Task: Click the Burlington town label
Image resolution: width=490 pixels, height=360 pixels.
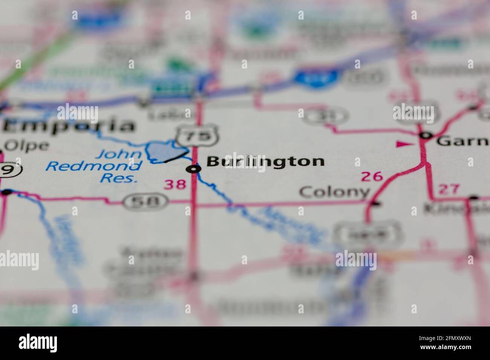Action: (x=265, y=162)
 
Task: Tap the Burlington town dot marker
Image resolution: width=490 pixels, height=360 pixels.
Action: (x=194, y=169)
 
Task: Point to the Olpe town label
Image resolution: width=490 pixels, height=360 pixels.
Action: (x=26, y=146)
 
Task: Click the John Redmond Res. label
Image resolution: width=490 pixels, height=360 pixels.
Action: (x=94, y=166)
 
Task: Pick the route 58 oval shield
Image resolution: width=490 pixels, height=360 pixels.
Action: (x=146, y=202)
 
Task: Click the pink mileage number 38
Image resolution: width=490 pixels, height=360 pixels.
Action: (x=175, y=184)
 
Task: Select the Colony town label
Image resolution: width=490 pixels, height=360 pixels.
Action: (x=334, y=192)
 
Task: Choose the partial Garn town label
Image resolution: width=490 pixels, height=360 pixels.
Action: (x=463, y=141)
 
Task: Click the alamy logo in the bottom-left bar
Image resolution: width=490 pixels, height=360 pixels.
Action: (x=38, y=343)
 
